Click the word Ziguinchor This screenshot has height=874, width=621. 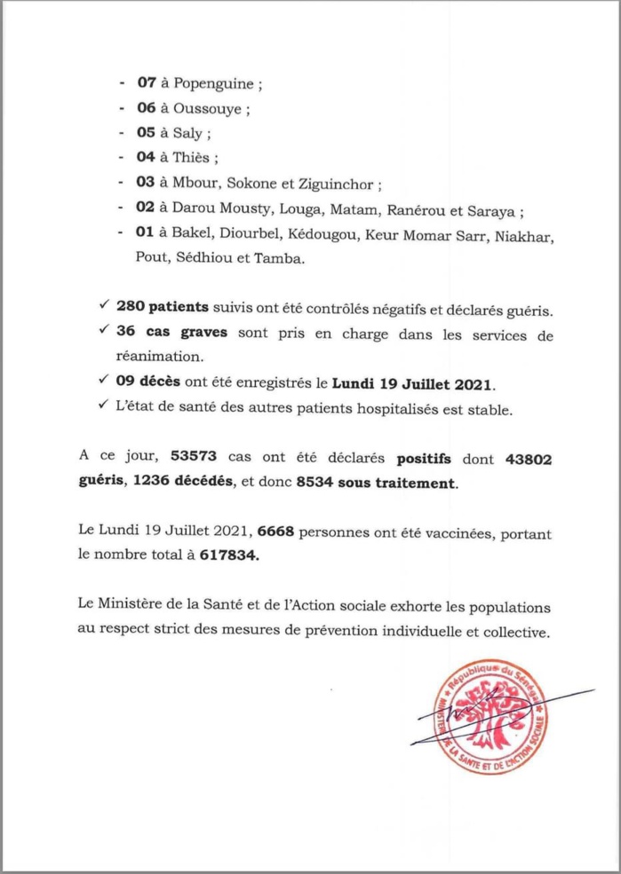[x=340, y=186]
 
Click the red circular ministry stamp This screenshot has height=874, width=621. [x=490, y=715]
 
